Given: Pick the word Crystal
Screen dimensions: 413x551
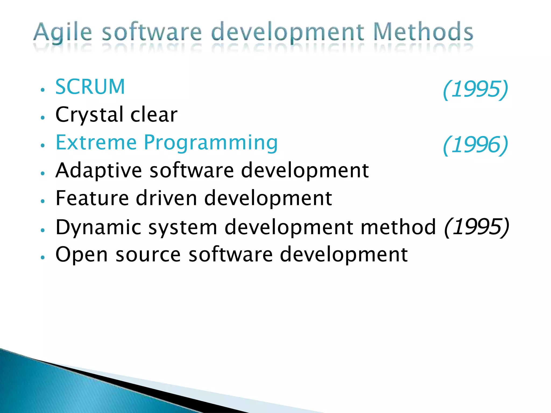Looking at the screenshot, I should point(89,115).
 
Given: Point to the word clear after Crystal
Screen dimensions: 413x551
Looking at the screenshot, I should point(154,115).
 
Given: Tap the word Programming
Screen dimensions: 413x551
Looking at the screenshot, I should point(211,143).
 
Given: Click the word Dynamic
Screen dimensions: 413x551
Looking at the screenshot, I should point(98,227).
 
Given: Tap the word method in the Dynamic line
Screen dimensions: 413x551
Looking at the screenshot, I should point(398,227).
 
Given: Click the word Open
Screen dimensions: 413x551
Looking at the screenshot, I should point(82,255).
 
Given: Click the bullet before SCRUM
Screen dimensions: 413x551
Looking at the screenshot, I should point(42,90).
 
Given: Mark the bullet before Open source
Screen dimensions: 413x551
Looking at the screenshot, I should point(42,257).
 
